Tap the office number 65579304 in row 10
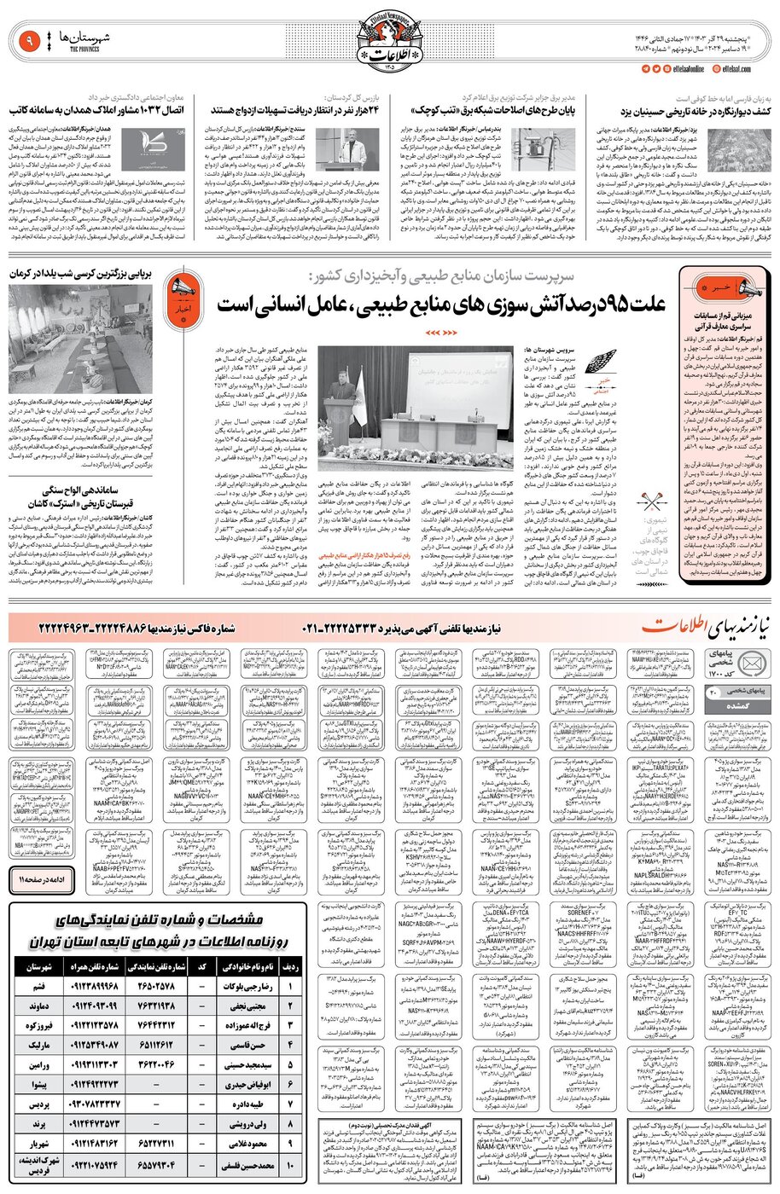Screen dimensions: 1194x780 click(158, 1163)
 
